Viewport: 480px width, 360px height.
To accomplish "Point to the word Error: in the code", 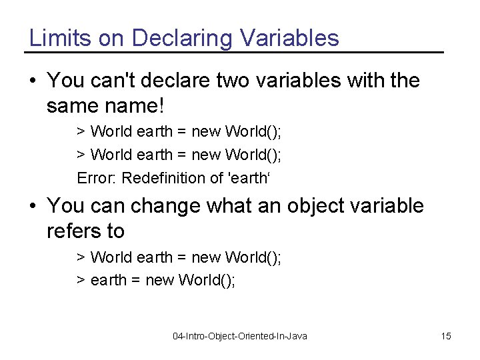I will click(x=97, y=178).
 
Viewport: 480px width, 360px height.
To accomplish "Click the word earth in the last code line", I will click(x=107, y=280).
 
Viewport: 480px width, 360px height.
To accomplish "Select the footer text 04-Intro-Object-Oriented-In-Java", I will click(x=240, y=336).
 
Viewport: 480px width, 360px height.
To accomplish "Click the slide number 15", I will click(x=445, y=336).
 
